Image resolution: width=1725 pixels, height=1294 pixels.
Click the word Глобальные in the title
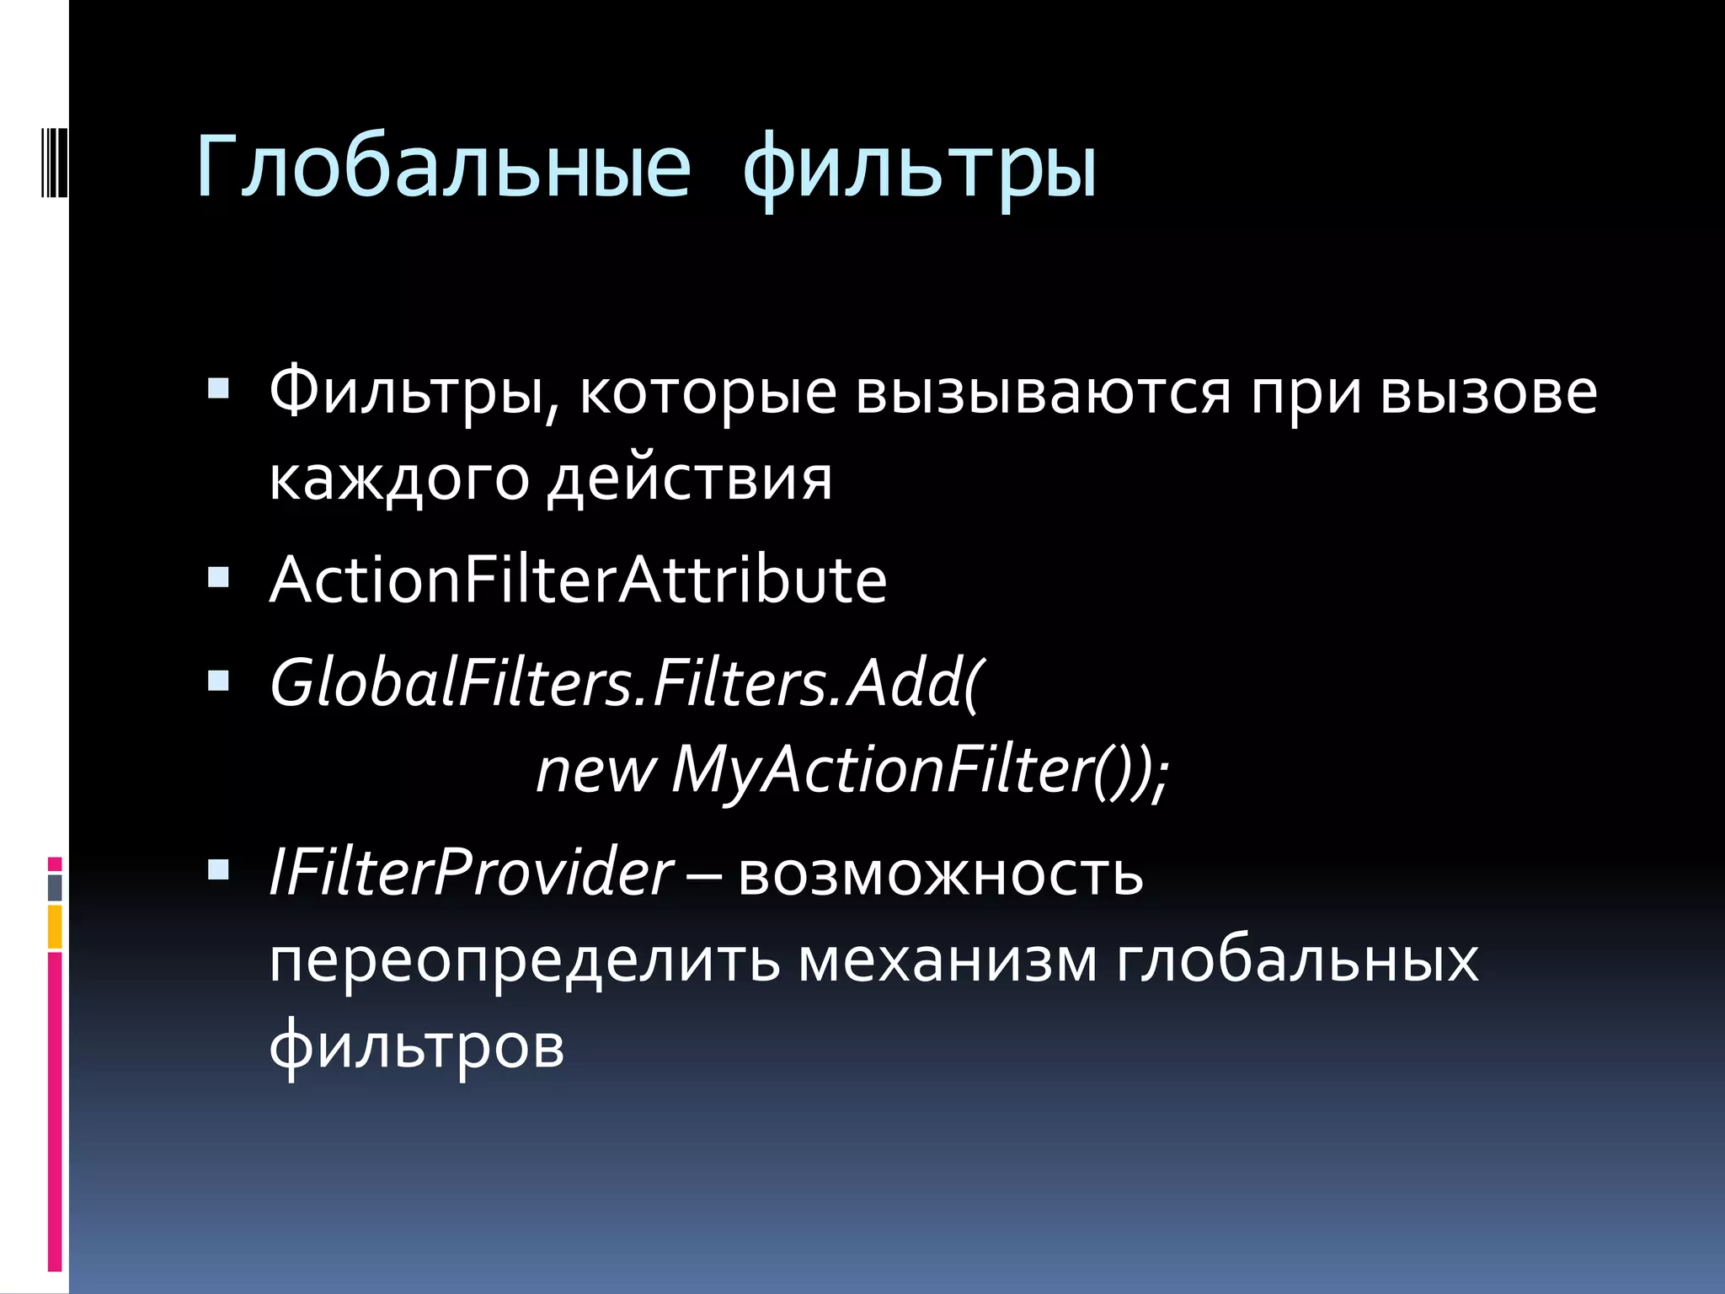pyautogui.click(x=443, y=167)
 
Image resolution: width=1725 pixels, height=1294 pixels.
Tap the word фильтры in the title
pyautogui.click(x=920, y=168)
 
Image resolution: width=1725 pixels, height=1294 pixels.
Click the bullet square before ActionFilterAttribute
pyautogui.click(x=218, y=577)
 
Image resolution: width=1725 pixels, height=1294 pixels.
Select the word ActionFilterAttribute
pyautogui.click(x=578, y=580)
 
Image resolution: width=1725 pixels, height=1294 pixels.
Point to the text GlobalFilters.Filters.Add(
pyautogui.click(x=625, y=682)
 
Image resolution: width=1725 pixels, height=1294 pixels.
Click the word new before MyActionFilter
pyautogui.click(x=595, y=770)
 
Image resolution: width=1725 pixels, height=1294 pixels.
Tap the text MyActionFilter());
pyautogui.click(x=920, y=770)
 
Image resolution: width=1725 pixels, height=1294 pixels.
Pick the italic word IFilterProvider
pyautogui.click(x=470, y=873)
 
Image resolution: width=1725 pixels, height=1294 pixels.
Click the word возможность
pyautogui.click(x=940, y=874)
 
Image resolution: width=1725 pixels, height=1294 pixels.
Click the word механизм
pyautogui.click(x=948, y=961)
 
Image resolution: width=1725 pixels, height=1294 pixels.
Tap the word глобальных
pyautogui.click(x=1297, y=961)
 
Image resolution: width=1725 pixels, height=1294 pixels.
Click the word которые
pyautogui.click(x=708, y=393)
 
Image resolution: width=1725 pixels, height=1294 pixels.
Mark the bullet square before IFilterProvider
pyautogui.click(x=218, y=870)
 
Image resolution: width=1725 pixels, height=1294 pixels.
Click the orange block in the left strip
pyautogui.click(x=55, y=927)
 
